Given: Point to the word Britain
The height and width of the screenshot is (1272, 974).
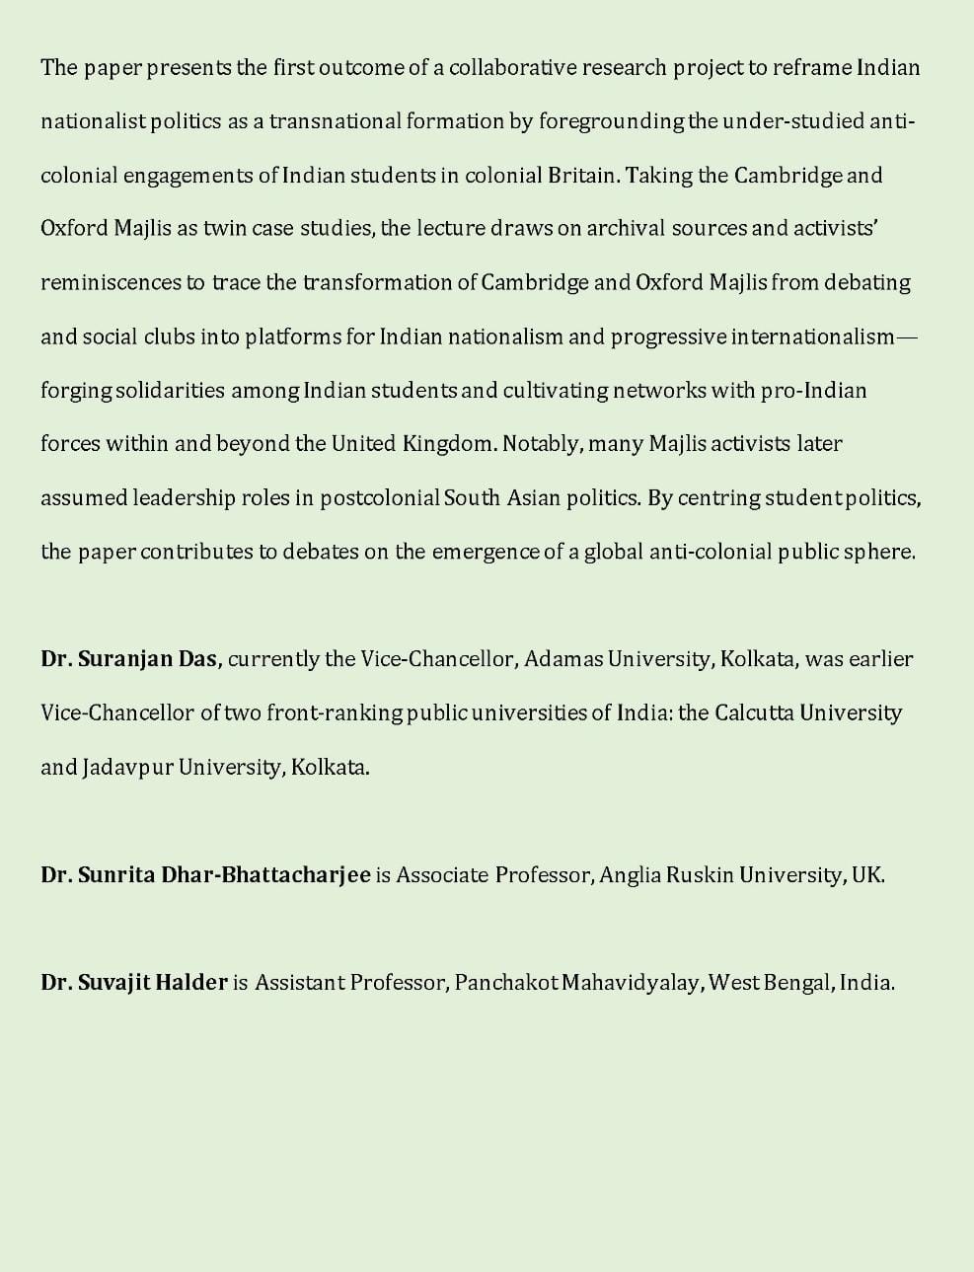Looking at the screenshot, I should coord(585,176).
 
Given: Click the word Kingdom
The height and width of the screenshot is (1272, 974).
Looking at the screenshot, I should coord(449,444).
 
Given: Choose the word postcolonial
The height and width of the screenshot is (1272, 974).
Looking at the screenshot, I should coord(380,497).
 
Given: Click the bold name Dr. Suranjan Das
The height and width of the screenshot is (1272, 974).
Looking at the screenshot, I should coord(130,659).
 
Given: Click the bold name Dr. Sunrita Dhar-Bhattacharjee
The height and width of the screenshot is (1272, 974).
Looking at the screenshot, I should coord(205,874).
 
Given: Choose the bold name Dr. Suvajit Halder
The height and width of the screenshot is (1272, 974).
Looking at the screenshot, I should coord(134,983).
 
